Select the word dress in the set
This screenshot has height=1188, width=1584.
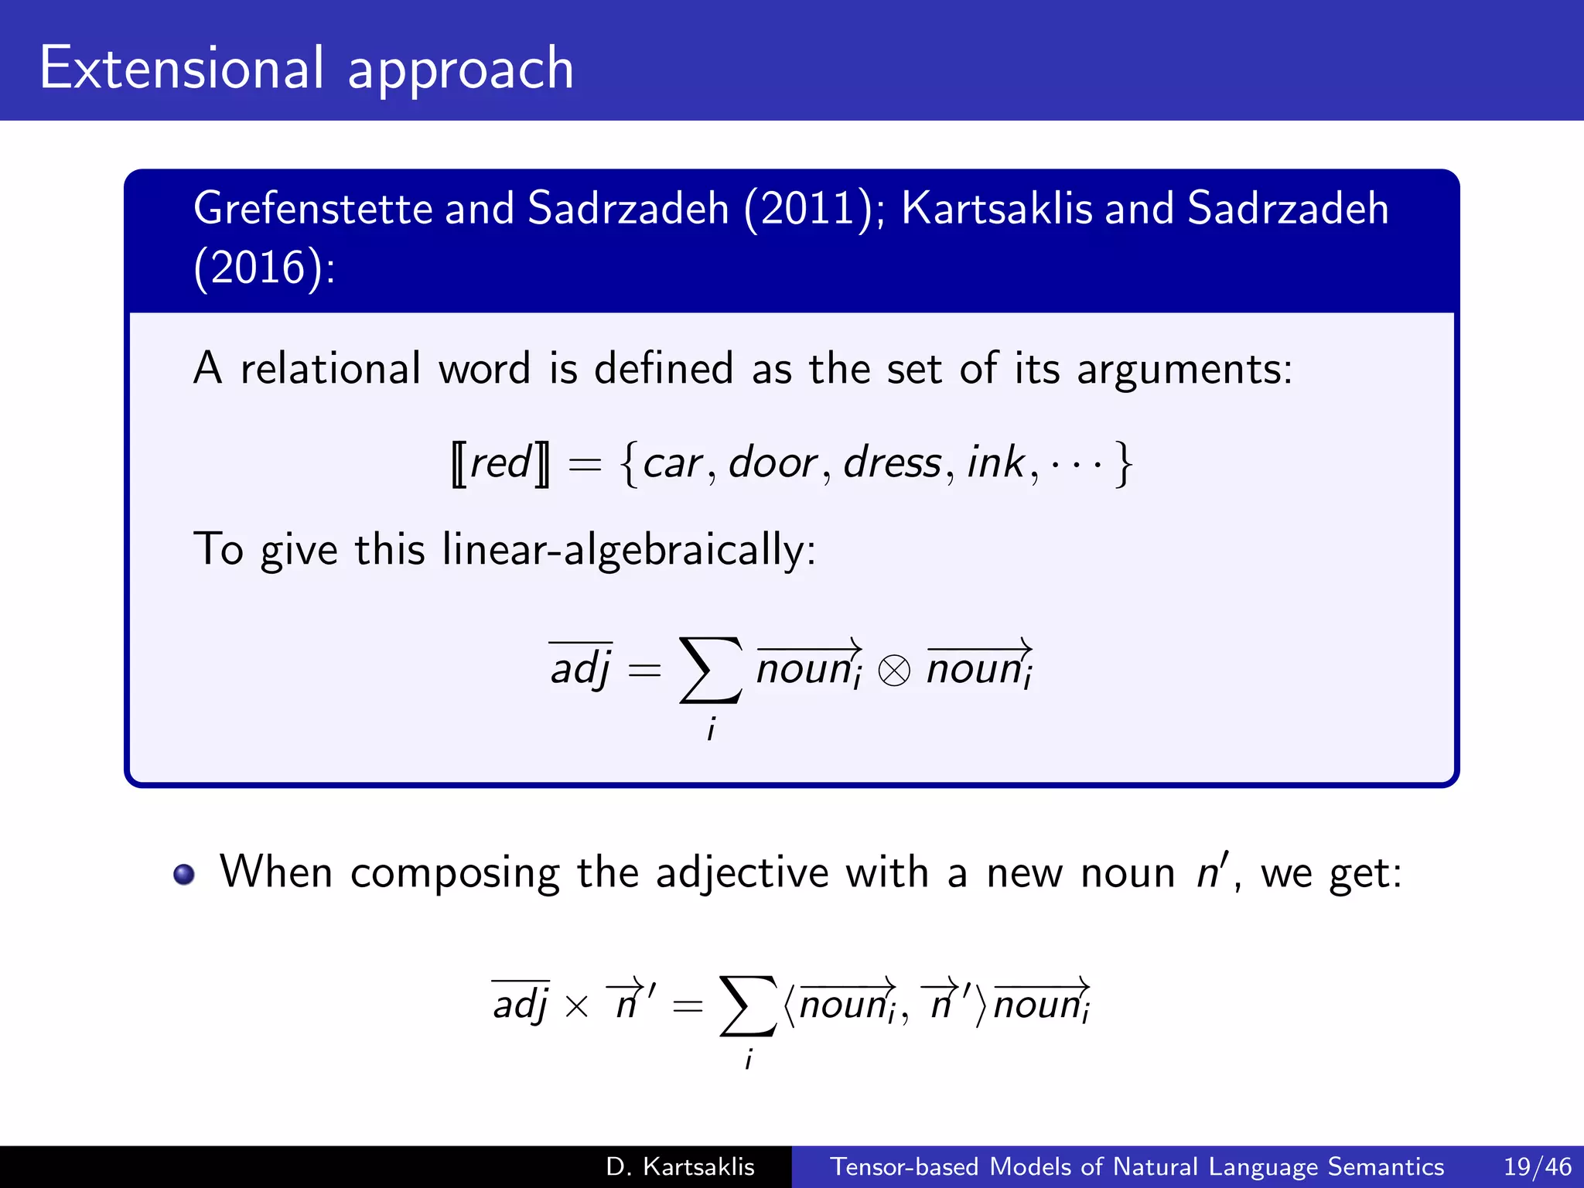pyautogui.click(x=892, y=463)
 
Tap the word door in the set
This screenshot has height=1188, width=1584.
pyautogui.click(x=773, y=463)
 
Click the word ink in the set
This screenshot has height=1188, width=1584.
pyautogui.click(x=995, y=463)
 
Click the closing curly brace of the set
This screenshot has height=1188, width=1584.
pyautogui.click(x=1123, y=464)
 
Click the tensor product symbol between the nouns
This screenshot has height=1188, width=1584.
pyautogui.click(x=894, y=671)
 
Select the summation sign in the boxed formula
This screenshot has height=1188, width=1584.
pyautogui.click(x=710, y=670)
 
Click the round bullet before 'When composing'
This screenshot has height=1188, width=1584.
pyautogui.click(x=184, y=874)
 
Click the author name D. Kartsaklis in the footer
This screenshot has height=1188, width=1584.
pyautogui.click(x=680, y=1166)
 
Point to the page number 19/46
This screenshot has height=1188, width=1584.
pyautogui.click(x=1537, y=1166)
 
